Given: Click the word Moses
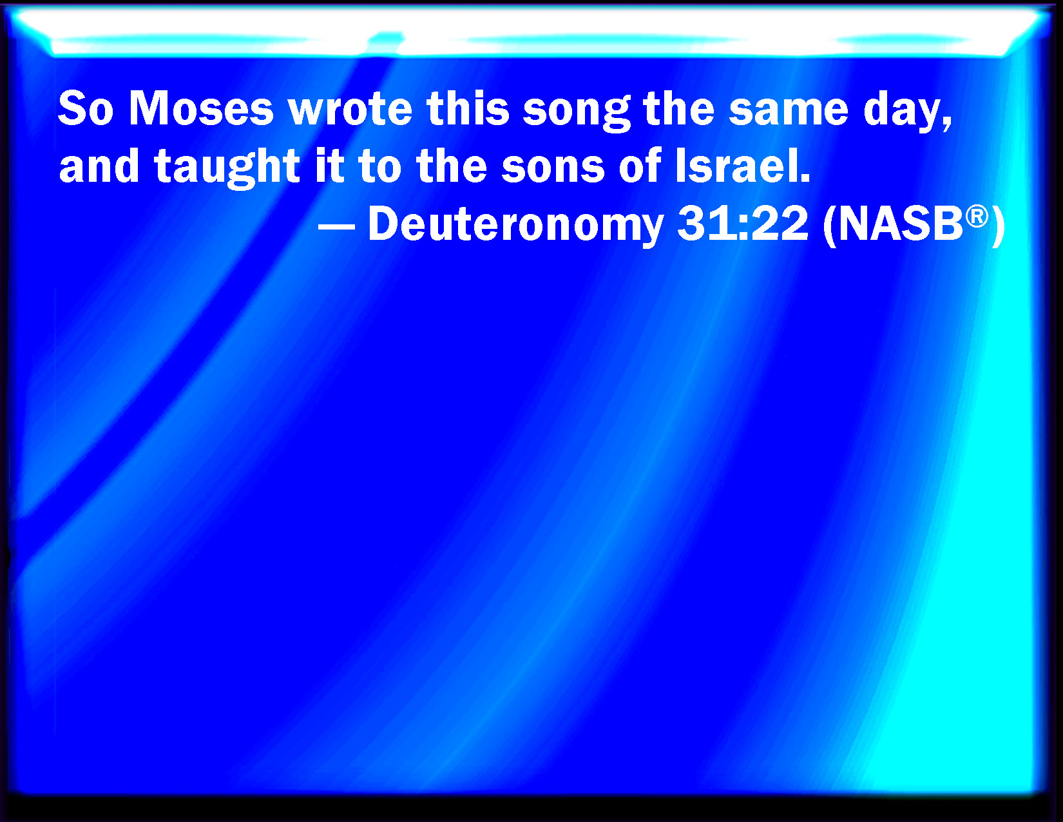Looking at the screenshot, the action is [200, 108].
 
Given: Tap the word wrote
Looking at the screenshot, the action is [350, 109].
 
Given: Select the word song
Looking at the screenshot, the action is [576, 112].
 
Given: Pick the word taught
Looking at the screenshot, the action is [227, 167].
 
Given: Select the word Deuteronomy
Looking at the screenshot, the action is [515, 225].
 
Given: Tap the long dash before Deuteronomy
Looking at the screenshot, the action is [336, 227].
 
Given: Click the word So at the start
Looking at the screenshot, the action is [86, 108].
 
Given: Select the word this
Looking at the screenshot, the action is [468, 108].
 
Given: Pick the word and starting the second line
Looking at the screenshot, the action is [99, 166].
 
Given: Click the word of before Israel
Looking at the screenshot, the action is [640, 166].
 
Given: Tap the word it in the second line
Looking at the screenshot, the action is [329, 166].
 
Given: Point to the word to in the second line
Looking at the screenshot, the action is [379, 167].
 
